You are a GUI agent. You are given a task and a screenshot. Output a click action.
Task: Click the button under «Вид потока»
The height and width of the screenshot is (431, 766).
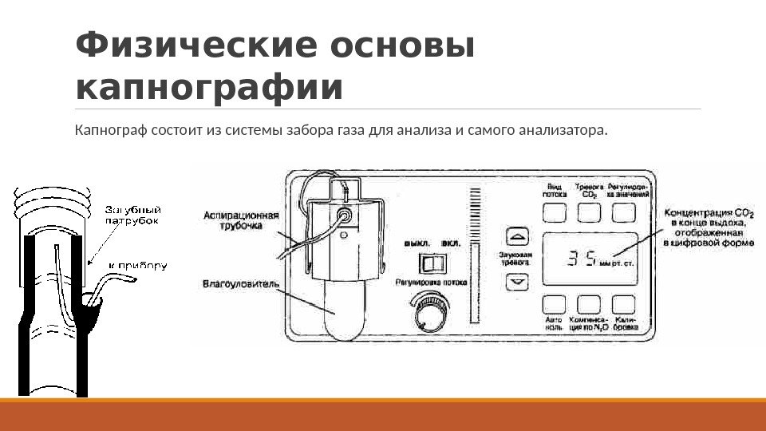555,212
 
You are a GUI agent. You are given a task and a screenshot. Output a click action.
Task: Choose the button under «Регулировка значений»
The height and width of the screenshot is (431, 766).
623,212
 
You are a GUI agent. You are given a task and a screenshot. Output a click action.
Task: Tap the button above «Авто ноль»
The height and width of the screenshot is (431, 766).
555,304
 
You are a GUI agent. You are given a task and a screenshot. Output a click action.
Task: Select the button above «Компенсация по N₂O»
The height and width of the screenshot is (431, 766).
589,304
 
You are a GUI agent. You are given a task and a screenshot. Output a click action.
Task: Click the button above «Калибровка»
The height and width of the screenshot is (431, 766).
623,304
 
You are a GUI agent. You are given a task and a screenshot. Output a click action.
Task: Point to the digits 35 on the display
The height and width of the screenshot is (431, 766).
582,259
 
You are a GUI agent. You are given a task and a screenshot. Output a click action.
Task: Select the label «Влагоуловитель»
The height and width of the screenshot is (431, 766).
239,283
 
